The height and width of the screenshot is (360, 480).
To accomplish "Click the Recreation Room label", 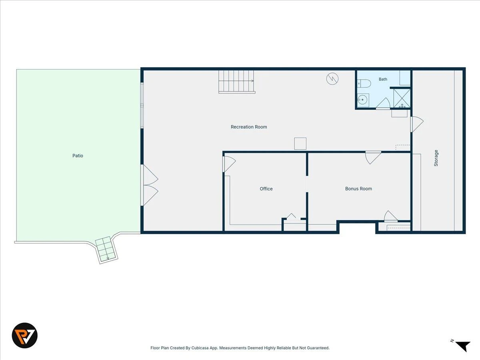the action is pyautogui.click(x=249, y=127).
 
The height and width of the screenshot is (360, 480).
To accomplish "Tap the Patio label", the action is pyautogui.click(x=78, y=156).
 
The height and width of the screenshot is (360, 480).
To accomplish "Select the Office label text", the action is pyautogui.click(x=266, y=189).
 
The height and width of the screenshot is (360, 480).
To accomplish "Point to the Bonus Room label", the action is pyautogui.click(x=358, y=189).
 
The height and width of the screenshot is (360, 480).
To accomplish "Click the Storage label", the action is pyautogui.click(x=436, y=158).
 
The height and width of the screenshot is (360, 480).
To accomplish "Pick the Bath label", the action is pyautogui.click(x=383, y=79).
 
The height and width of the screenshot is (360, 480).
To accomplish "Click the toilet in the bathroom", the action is pyautogui.click(x=364, y=83).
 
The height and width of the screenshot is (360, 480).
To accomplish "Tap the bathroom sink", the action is pyautogui.click(x=363, y=100).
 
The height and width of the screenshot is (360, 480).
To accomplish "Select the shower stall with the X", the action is pyautogui.click(x=402, y=98).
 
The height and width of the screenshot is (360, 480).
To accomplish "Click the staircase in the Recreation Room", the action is pyautogui.click(x=237, y=81).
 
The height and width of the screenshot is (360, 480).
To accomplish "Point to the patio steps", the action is pyautogui.click(x=106, y=250).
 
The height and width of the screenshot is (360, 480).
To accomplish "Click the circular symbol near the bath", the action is pyautogui.click(x=332, y=79).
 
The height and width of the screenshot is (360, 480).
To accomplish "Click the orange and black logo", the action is pyautogui.click(x=24, y=335).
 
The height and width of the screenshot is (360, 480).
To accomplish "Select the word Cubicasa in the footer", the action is pyautogui.click(x=200, y=348).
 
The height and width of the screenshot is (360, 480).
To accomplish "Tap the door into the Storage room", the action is pyautogui.click(x=417, y=124).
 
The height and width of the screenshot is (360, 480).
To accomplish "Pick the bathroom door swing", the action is pyautogui.click(x=383, y=103).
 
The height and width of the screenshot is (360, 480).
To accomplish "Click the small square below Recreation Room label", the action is pyautogui.click(x=300, y=144).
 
